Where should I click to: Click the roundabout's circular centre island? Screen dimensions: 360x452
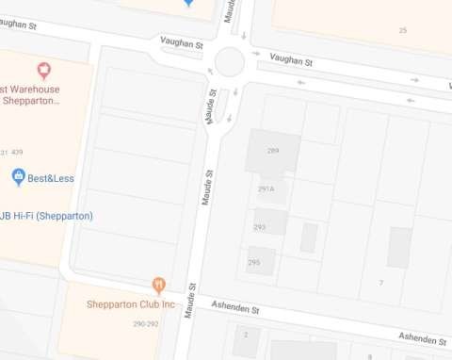230,63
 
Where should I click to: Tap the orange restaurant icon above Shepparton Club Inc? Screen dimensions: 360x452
159,285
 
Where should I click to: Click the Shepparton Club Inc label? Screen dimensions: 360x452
131,304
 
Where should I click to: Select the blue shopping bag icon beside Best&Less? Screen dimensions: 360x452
18,176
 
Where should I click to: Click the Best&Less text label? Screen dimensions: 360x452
51,178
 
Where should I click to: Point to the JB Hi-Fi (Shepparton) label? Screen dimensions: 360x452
47,216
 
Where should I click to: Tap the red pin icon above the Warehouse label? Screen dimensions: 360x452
42,70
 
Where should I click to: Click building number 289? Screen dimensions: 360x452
273,151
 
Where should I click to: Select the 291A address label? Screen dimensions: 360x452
266,188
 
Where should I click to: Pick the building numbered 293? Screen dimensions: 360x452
260,226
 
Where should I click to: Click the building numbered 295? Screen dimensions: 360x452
254,262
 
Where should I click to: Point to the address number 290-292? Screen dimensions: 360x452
145,324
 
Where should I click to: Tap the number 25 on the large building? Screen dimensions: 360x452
403,31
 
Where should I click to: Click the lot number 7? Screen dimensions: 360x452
381,283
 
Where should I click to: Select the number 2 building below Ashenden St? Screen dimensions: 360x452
247,335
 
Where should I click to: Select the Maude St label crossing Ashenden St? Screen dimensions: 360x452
192,302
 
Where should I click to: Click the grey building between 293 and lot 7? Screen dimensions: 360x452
308,237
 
